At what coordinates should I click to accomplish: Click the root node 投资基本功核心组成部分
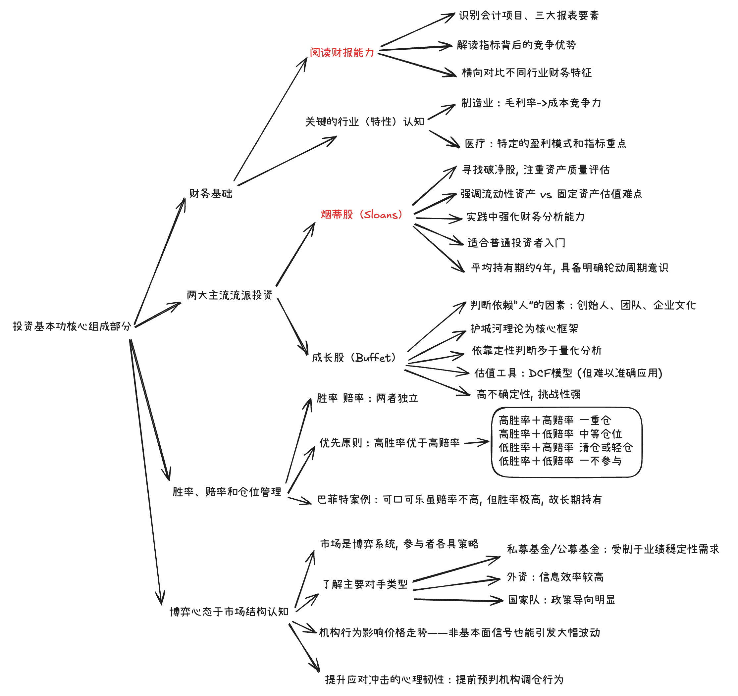point(72,326)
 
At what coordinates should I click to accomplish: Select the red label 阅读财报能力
point(342,53)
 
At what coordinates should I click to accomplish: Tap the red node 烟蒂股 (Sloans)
point(361,215)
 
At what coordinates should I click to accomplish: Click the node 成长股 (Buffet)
point(354,358)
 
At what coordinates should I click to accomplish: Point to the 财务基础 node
point(210,193)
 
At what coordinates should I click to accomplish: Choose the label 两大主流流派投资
point(230,295)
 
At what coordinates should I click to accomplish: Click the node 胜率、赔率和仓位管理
point(227,492)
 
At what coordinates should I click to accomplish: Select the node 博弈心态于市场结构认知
point(229,612)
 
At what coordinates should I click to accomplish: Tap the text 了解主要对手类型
point(365,584)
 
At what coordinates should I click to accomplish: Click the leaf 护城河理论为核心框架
point(524,328)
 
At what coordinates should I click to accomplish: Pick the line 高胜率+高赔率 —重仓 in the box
point(554,420)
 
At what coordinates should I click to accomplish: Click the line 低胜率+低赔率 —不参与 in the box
point(560,461)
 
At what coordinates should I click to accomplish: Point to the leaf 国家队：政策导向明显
point(561,600)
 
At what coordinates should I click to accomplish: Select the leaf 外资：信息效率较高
point(555,577)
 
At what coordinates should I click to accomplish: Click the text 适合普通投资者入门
point(516,243)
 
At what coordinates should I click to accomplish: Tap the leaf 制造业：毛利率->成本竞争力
point(531,103)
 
